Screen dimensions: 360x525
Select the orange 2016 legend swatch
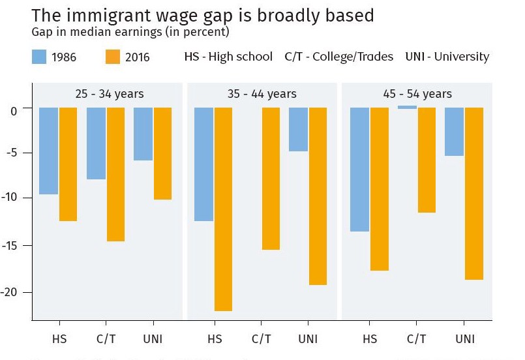point(113,57)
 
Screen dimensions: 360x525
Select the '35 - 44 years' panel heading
point(262,94)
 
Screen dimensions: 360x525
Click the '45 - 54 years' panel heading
point(417,94)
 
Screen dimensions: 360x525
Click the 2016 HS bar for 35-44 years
point(224,209)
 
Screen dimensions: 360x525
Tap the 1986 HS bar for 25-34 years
point(48,151)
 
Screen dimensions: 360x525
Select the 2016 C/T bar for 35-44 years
point(271,179)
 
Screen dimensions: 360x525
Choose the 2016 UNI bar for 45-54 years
point(474,193)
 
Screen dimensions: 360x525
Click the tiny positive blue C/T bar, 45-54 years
point(407,107)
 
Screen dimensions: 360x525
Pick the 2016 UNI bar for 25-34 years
point(162,153)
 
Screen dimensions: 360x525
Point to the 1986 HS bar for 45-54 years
point(359,170)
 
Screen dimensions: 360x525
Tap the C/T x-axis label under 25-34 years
point(106,339)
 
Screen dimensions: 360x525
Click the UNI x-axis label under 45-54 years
point(465,339)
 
